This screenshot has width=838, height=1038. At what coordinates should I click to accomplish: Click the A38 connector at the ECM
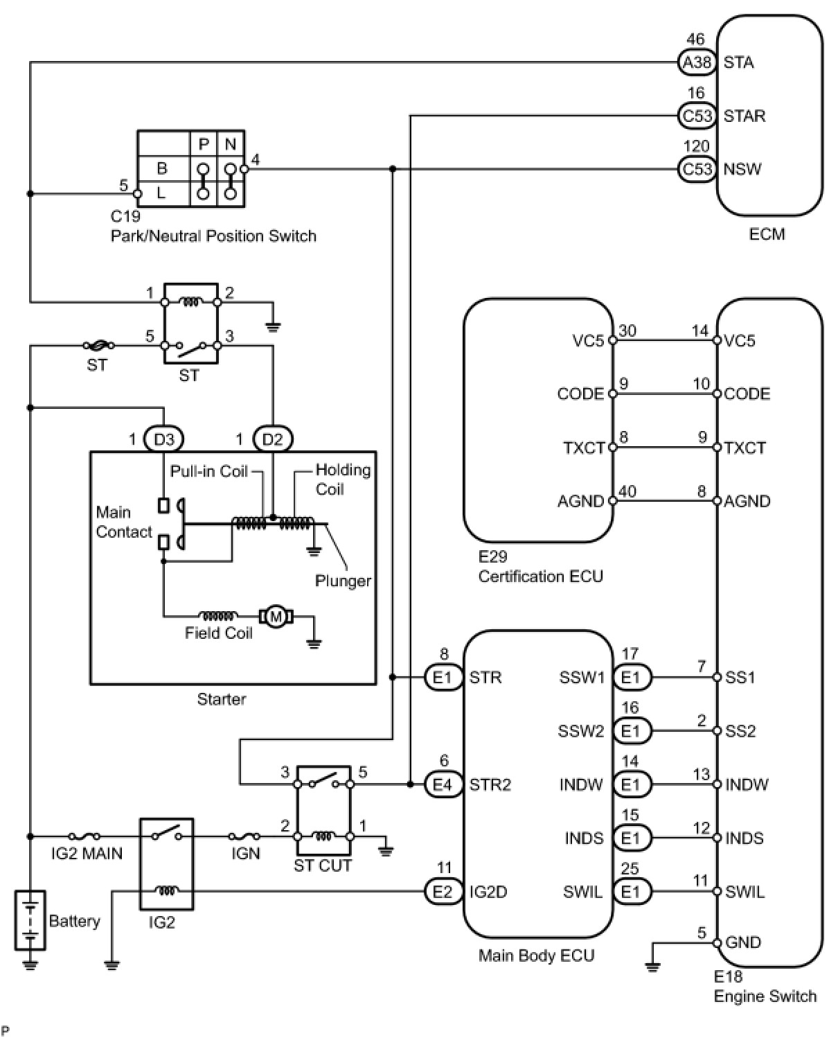[x=697, y=62]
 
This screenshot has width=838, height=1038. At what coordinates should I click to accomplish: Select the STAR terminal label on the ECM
[x=745, y=116]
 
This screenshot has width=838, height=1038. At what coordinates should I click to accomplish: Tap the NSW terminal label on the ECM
[x=742, y=169]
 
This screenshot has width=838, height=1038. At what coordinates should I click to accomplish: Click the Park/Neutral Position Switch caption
[x=213, y=236]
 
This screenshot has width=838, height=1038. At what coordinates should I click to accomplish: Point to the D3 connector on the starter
[x=163, y=439]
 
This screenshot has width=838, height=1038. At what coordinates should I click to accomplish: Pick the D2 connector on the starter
[x=273, y=439]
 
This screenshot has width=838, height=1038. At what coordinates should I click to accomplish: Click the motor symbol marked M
[x=276, y=616]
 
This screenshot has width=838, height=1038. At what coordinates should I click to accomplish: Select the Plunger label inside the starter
[x=343, y=581]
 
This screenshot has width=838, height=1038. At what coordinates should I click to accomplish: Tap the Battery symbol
[x=30, y=920]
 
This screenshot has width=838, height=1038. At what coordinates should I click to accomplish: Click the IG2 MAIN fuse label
[x=87, y=854]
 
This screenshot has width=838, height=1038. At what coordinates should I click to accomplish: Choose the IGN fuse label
[x=246, y=854]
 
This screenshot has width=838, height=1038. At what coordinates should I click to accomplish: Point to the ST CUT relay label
[x=323, y=865]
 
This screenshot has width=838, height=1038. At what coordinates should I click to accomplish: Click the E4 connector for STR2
[x=443, y=784]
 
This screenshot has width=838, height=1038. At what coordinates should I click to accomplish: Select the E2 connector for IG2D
[x=443, y=892]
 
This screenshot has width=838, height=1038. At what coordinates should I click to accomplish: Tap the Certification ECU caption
[x=540, y=577]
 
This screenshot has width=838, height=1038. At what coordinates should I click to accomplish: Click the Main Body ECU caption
[x=536, y=956]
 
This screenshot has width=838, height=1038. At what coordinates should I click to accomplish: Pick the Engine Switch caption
[x=765, y=996]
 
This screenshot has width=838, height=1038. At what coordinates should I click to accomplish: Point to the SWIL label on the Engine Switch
[x=745, y=892]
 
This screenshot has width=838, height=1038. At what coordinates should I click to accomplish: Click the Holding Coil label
[x=342, y=480]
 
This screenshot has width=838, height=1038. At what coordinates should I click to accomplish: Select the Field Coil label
[x=218, y=633]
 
